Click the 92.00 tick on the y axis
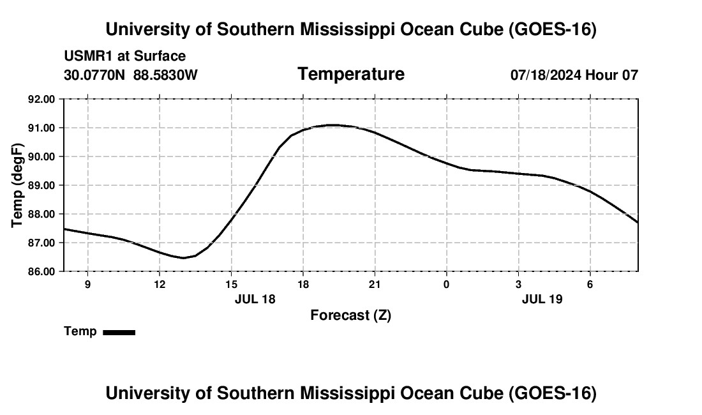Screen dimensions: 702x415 [x=41, y=99]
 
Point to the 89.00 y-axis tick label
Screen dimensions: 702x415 [x=41, y=185]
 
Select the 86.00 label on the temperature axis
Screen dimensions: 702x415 [x=41, y=272]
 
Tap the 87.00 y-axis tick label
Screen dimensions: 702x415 [x=41, y=243]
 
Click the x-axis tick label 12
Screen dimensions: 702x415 [x=160, y=284]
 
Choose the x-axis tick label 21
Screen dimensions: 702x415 [x=375, y=284]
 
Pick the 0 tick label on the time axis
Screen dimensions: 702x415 [x=446, y=284]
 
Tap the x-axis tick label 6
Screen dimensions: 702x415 [x=590, y=284]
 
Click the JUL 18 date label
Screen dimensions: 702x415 [x=255, y=299]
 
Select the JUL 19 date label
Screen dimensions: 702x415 [x=542, y=299]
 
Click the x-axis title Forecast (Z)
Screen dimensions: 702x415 [x=351, y=315]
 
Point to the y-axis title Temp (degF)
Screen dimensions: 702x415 [x=17, y=185]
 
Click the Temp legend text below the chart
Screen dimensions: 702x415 [x=80, y=331]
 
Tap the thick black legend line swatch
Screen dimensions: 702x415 [x=119, y=333]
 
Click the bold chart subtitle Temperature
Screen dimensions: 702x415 [x=351, y=74]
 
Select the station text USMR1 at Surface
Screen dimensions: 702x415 [x=125, y=56]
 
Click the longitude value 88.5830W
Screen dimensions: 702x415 [x=165, y=75]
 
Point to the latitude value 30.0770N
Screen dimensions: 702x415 [x=94, y=75]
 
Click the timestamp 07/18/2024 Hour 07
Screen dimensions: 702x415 [x=574, y=75]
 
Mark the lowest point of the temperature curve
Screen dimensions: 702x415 [x=183, y=258]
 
